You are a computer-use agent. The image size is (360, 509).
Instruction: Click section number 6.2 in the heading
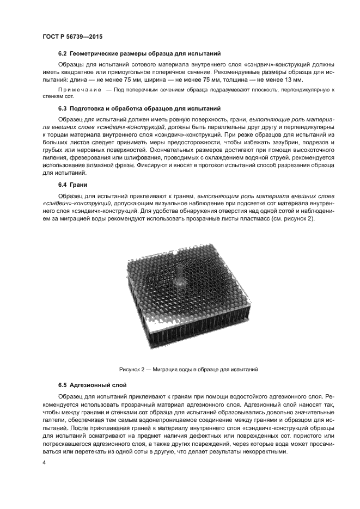63,54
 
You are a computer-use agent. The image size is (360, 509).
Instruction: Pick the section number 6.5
63,385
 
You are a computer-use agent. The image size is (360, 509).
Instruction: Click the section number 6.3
63,108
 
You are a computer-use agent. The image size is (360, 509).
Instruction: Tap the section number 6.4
63,185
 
